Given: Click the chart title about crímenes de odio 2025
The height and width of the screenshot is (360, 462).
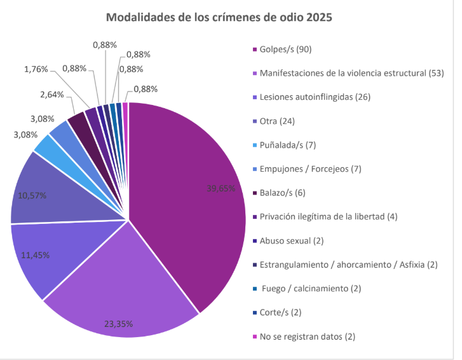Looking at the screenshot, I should pos(219,17).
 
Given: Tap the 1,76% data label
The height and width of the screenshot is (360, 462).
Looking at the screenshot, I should pos(36,69).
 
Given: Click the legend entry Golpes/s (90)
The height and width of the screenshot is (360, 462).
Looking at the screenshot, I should pos(286,49).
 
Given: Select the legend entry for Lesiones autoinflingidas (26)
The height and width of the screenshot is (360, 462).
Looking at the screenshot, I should pos(315,97).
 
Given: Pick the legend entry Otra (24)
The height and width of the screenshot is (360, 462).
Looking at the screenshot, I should pos(277,121).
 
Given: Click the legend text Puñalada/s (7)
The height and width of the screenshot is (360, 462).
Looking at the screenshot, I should pos(288,145).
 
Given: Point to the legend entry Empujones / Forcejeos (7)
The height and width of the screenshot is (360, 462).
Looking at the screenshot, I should pos(311,169).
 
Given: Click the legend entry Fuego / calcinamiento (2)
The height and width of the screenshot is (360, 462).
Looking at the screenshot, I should pos(311,288).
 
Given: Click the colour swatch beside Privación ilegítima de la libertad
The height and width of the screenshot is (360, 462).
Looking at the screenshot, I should pos(254,216).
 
